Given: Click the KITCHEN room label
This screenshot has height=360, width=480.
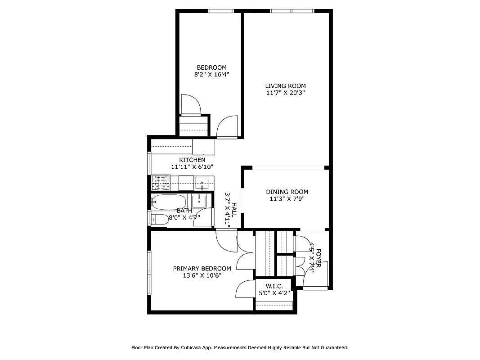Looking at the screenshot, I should (192, 160).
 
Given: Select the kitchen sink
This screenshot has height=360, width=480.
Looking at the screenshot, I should (202, 183).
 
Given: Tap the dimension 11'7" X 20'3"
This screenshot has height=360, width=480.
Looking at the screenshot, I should (285, 93).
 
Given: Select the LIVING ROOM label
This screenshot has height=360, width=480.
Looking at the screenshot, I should (285, 86).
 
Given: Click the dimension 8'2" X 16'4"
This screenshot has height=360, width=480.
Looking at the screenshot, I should (211, 75).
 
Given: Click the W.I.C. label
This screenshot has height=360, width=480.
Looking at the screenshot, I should (274, 286).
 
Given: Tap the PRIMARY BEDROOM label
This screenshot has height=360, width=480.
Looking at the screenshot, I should (202, 268).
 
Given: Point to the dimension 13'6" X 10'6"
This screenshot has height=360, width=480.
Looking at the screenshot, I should (202, 275).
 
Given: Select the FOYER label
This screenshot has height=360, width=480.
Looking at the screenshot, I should (318, 258).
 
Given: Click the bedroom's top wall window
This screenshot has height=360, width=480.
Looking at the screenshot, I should (221, 11).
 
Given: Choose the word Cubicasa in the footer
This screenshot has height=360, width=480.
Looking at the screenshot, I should (193, 347).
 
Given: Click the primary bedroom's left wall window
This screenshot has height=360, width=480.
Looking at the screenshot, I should (149, 273).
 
